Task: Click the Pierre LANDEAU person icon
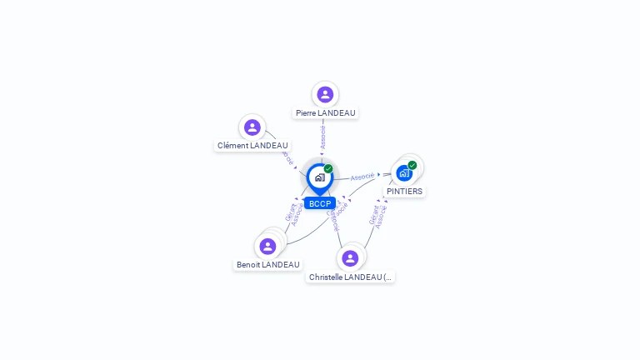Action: pos(325,94)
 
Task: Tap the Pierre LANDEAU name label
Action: pos(325,112)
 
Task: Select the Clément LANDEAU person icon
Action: pos(252,127)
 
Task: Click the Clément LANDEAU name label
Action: pos(252,145)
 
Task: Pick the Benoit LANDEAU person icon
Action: pos(267,246)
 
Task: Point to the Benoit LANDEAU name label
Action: pos(267,264)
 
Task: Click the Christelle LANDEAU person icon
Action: pos(350,257)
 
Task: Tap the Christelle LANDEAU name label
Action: pos(350,277)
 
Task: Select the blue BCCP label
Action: pos(320,203)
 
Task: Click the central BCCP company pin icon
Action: pos(319,177)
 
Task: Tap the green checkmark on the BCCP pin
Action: pos(328,169)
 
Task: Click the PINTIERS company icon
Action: pos(404,173)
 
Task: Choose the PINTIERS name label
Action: pos(404,191)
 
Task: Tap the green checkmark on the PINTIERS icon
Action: pos(412,165)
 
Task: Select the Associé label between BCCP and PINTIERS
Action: pos(362,177)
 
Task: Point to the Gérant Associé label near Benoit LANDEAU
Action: pos(292,214)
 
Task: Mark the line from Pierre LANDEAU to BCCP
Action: pos(322,150)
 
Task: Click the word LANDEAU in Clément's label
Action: pos(269,145)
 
